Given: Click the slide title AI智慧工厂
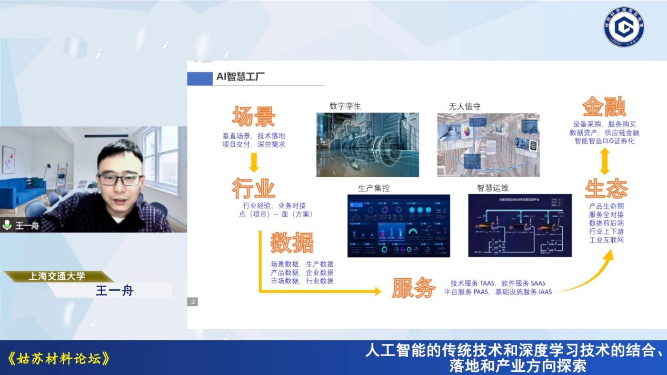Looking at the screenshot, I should click(x=240, y=77).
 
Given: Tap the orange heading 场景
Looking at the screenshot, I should click(x=253, y=117).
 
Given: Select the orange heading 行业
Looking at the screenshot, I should click(x=253, y=188).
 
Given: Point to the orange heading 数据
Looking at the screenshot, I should click(x=292, y=242).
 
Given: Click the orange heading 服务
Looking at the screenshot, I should click(x=413, y=288).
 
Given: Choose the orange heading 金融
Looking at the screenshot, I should click(x=604, y=107).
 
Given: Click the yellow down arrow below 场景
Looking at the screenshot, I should click(x=254, y=163).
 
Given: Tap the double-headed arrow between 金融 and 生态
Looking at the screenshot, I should click(x=604, y=161).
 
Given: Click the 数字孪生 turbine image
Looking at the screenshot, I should click(x=367, y=145).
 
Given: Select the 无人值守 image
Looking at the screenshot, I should click(x=488, y=145).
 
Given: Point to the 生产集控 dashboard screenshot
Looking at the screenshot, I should click(x=399, y=226).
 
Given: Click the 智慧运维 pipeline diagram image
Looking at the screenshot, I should click(x=520, y=226).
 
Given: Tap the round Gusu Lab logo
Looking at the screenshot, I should click(x=624, y=26).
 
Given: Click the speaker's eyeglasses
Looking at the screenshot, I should click(x=120, y=179).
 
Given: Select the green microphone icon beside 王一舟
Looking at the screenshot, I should click(x=7, y=225).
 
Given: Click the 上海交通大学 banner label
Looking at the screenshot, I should click(x=57, y=276).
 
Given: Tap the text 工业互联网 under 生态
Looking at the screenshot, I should click(x=606, y=240).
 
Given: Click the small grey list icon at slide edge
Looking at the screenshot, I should click(x=193, y=302).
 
